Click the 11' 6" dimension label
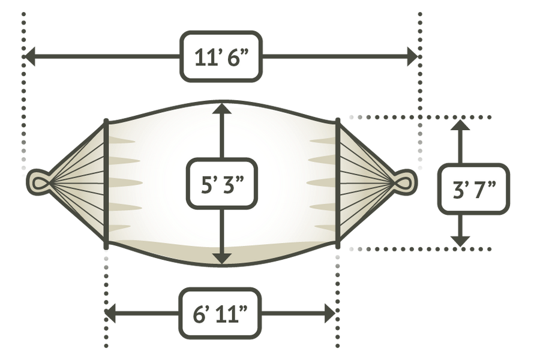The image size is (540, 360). (221, 57)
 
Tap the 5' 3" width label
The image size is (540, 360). (222, 184)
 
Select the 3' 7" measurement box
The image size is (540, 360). (473, 189)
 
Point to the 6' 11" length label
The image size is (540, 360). (220, 313)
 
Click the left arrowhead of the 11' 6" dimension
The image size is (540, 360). (29, 56)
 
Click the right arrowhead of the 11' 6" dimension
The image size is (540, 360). (413, 56)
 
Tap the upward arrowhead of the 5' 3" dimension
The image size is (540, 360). (222, 107)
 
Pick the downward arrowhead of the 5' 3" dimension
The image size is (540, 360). (222, 259)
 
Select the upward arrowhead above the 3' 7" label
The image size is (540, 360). (460, 125)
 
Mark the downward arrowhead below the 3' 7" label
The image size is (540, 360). (460, 241)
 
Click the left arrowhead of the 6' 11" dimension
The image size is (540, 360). (110, 313)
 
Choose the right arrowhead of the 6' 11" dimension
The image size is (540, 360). (329, 313)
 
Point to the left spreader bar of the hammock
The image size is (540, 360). (106, 184)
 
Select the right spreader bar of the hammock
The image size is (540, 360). (338, 184)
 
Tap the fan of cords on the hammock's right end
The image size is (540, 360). (366, 182)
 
